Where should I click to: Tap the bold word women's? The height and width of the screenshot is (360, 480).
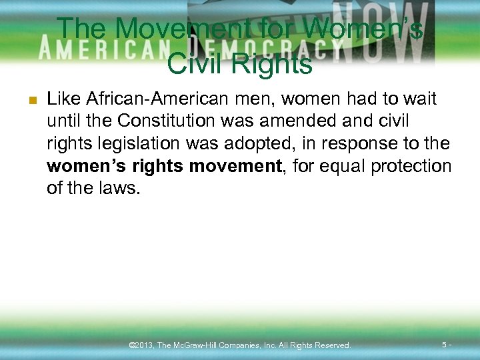pos(79,166)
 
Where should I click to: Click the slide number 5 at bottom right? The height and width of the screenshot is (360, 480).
pos(445,345)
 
